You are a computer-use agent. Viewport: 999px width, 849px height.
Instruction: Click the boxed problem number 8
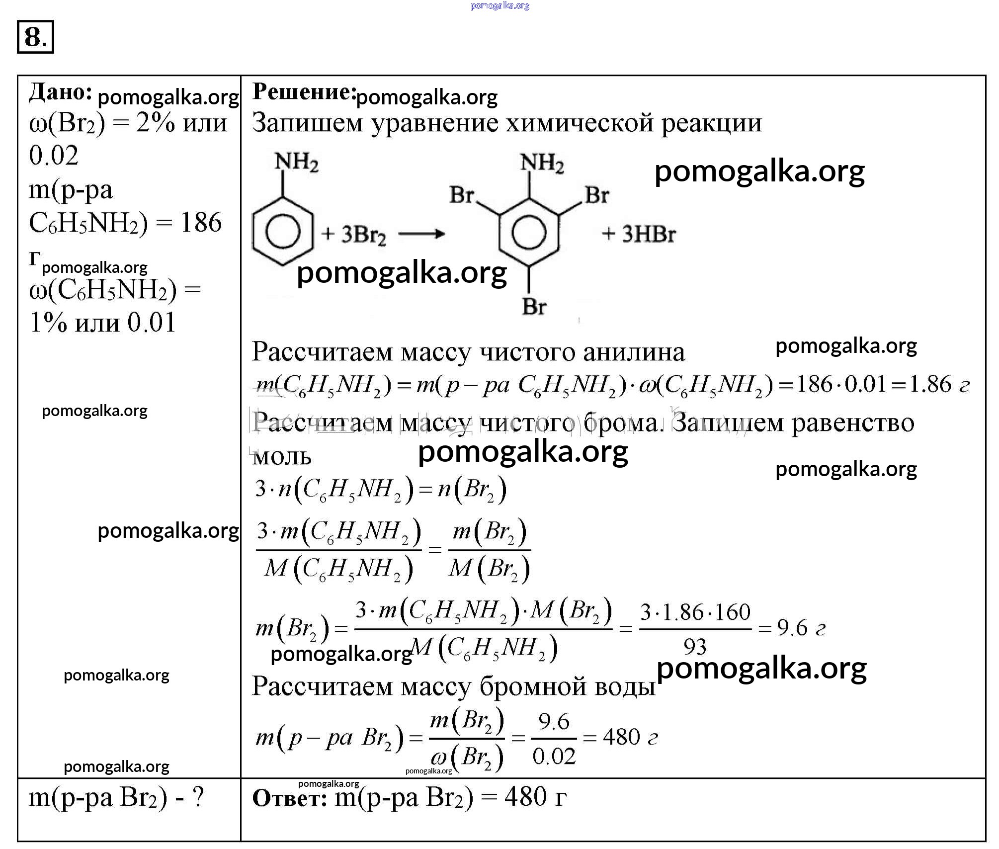click(x=35, y=37)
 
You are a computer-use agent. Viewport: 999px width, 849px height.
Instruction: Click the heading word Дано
click(x=60, y=92)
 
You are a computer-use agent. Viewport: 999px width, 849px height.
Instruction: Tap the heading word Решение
click(x=304, y=91)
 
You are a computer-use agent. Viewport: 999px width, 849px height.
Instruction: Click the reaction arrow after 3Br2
click(x=421, y=234)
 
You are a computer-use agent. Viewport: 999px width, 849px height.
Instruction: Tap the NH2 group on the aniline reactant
click(x=297, y=162)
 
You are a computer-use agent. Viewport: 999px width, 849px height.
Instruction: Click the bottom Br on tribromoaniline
click(x=534, y=307)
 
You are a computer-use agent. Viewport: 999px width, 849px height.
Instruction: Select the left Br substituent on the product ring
click(x=462, y=195)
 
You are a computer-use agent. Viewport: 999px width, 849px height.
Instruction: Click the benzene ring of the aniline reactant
click(x=283, y=232)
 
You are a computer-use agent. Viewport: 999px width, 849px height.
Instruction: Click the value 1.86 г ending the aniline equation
click(x=939, y=385)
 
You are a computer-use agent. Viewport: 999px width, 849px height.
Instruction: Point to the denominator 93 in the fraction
click(x=695, y=647)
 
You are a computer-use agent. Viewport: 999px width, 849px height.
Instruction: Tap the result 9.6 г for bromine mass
click(x=801, y=629)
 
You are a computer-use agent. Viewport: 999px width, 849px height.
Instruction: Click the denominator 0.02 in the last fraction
click(x=554, y=757)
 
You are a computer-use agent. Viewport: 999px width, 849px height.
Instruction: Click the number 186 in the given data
click(x=201, y=222)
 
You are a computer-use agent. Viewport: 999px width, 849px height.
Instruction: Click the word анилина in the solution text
click(x=634, y=352)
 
